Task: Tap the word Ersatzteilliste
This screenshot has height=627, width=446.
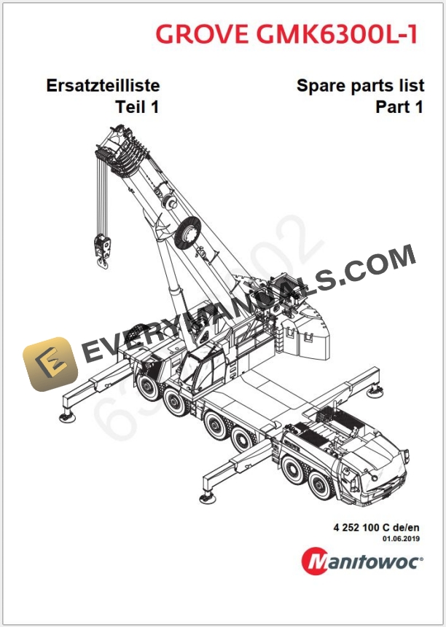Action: [x=103, y=85]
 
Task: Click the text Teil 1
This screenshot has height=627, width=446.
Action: [x=137, y=107]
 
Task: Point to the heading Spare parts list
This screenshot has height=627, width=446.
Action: [x=360, y=85]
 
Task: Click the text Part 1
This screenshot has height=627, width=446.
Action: [x=399, y=107]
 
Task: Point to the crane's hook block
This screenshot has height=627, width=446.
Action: [x=100, y=245]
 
